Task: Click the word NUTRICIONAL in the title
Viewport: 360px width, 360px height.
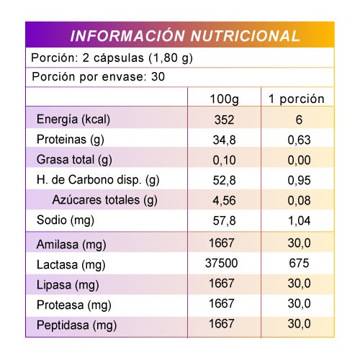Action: click(245, 36)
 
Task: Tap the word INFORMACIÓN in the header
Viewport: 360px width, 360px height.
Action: click(127, 35)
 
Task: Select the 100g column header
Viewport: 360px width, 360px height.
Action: click(224, 99)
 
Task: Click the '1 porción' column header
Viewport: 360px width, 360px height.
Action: click(297, 99)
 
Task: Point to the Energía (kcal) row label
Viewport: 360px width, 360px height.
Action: click(73, 120)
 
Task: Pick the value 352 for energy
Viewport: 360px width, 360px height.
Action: click(224, 120)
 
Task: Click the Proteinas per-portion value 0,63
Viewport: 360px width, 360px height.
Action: click(299, 140)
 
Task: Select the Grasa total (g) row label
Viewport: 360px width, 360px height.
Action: click(74, 160)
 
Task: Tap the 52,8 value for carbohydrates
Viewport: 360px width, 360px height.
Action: click(224, 180)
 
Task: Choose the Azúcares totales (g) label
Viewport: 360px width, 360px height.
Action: click(104, 200)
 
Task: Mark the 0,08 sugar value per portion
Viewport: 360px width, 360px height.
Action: click(299, 200)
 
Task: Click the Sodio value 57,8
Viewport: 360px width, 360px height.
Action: click(224, 220)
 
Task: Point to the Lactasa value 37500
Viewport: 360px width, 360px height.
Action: click(221, 263)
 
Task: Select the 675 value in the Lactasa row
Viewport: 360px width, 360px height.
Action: click(299, 263)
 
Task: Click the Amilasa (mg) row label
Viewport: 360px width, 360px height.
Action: click(71, 245)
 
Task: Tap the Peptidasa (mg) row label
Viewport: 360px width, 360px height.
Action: click(76, 325)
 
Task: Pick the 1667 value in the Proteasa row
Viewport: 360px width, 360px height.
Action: click(221, 304)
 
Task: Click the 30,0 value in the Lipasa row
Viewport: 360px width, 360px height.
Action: click(299, 284)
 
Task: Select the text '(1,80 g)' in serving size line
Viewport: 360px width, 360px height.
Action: click(171, 58)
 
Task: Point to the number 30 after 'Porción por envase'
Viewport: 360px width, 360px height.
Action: click(158, 77)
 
